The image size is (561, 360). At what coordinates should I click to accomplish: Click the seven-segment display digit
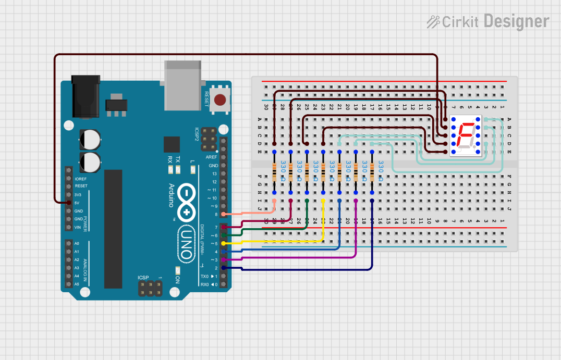(466, 135)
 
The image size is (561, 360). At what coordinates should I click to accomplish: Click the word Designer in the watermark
(516, 21)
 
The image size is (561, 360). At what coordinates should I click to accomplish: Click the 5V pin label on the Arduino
(78, 203)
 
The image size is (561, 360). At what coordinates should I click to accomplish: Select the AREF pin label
(212, 157)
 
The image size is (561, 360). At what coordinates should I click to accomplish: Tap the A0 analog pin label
(77, 243)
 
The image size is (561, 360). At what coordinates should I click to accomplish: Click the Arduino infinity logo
(186, 203)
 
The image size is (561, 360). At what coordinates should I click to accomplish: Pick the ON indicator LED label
(177, 280)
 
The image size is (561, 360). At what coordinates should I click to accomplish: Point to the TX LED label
(178, 159)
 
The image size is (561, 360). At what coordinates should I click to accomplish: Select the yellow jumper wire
(282, 242)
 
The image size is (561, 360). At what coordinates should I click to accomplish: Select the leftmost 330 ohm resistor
(274, 171)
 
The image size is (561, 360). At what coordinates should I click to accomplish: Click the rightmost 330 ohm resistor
(372, 171)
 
